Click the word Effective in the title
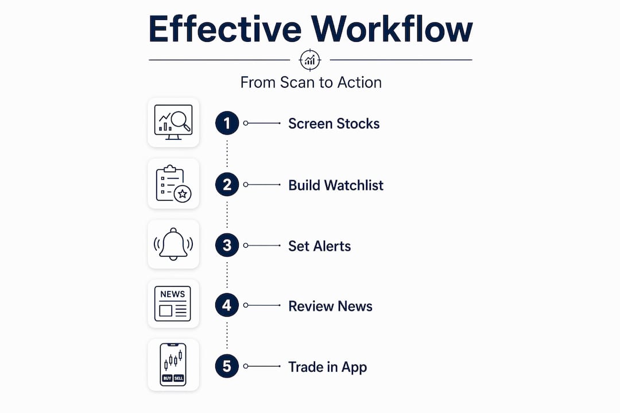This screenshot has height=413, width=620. click(x=225, y=29)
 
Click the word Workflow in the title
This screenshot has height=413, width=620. click(x=392, y=29)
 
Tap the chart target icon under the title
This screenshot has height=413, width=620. click(x=310, y=60)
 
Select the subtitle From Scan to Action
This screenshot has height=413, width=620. click(x=311, y=82)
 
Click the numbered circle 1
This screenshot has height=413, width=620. click(x=227, y=123)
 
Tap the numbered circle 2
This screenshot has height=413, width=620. click(x=227, y=185)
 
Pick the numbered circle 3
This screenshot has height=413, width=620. click(x=227, y=246)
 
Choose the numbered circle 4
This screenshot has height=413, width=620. click(x=227, y=305)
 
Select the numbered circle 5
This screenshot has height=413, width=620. click(x=227, y=366)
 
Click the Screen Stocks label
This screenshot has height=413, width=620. click(x=334, y=123)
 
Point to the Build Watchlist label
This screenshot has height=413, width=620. click(x=336, y=185)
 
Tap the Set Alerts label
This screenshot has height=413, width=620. click(x=320, y=246)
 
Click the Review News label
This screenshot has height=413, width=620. click(x=330, y=306)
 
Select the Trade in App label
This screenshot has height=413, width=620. click(x=327, y=367)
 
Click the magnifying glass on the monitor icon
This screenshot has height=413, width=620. click(x=181, y=120)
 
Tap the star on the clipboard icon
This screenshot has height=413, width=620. click(x=183, y=194)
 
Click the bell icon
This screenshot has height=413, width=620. click(x=173, y=244)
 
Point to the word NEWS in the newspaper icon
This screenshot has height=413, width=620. click(x=172, y=294)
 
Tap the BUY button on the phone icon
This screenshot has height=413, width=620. click(x=167, y=378)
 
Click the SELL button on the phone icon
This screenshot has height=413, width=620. click(x=179, y=378)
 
